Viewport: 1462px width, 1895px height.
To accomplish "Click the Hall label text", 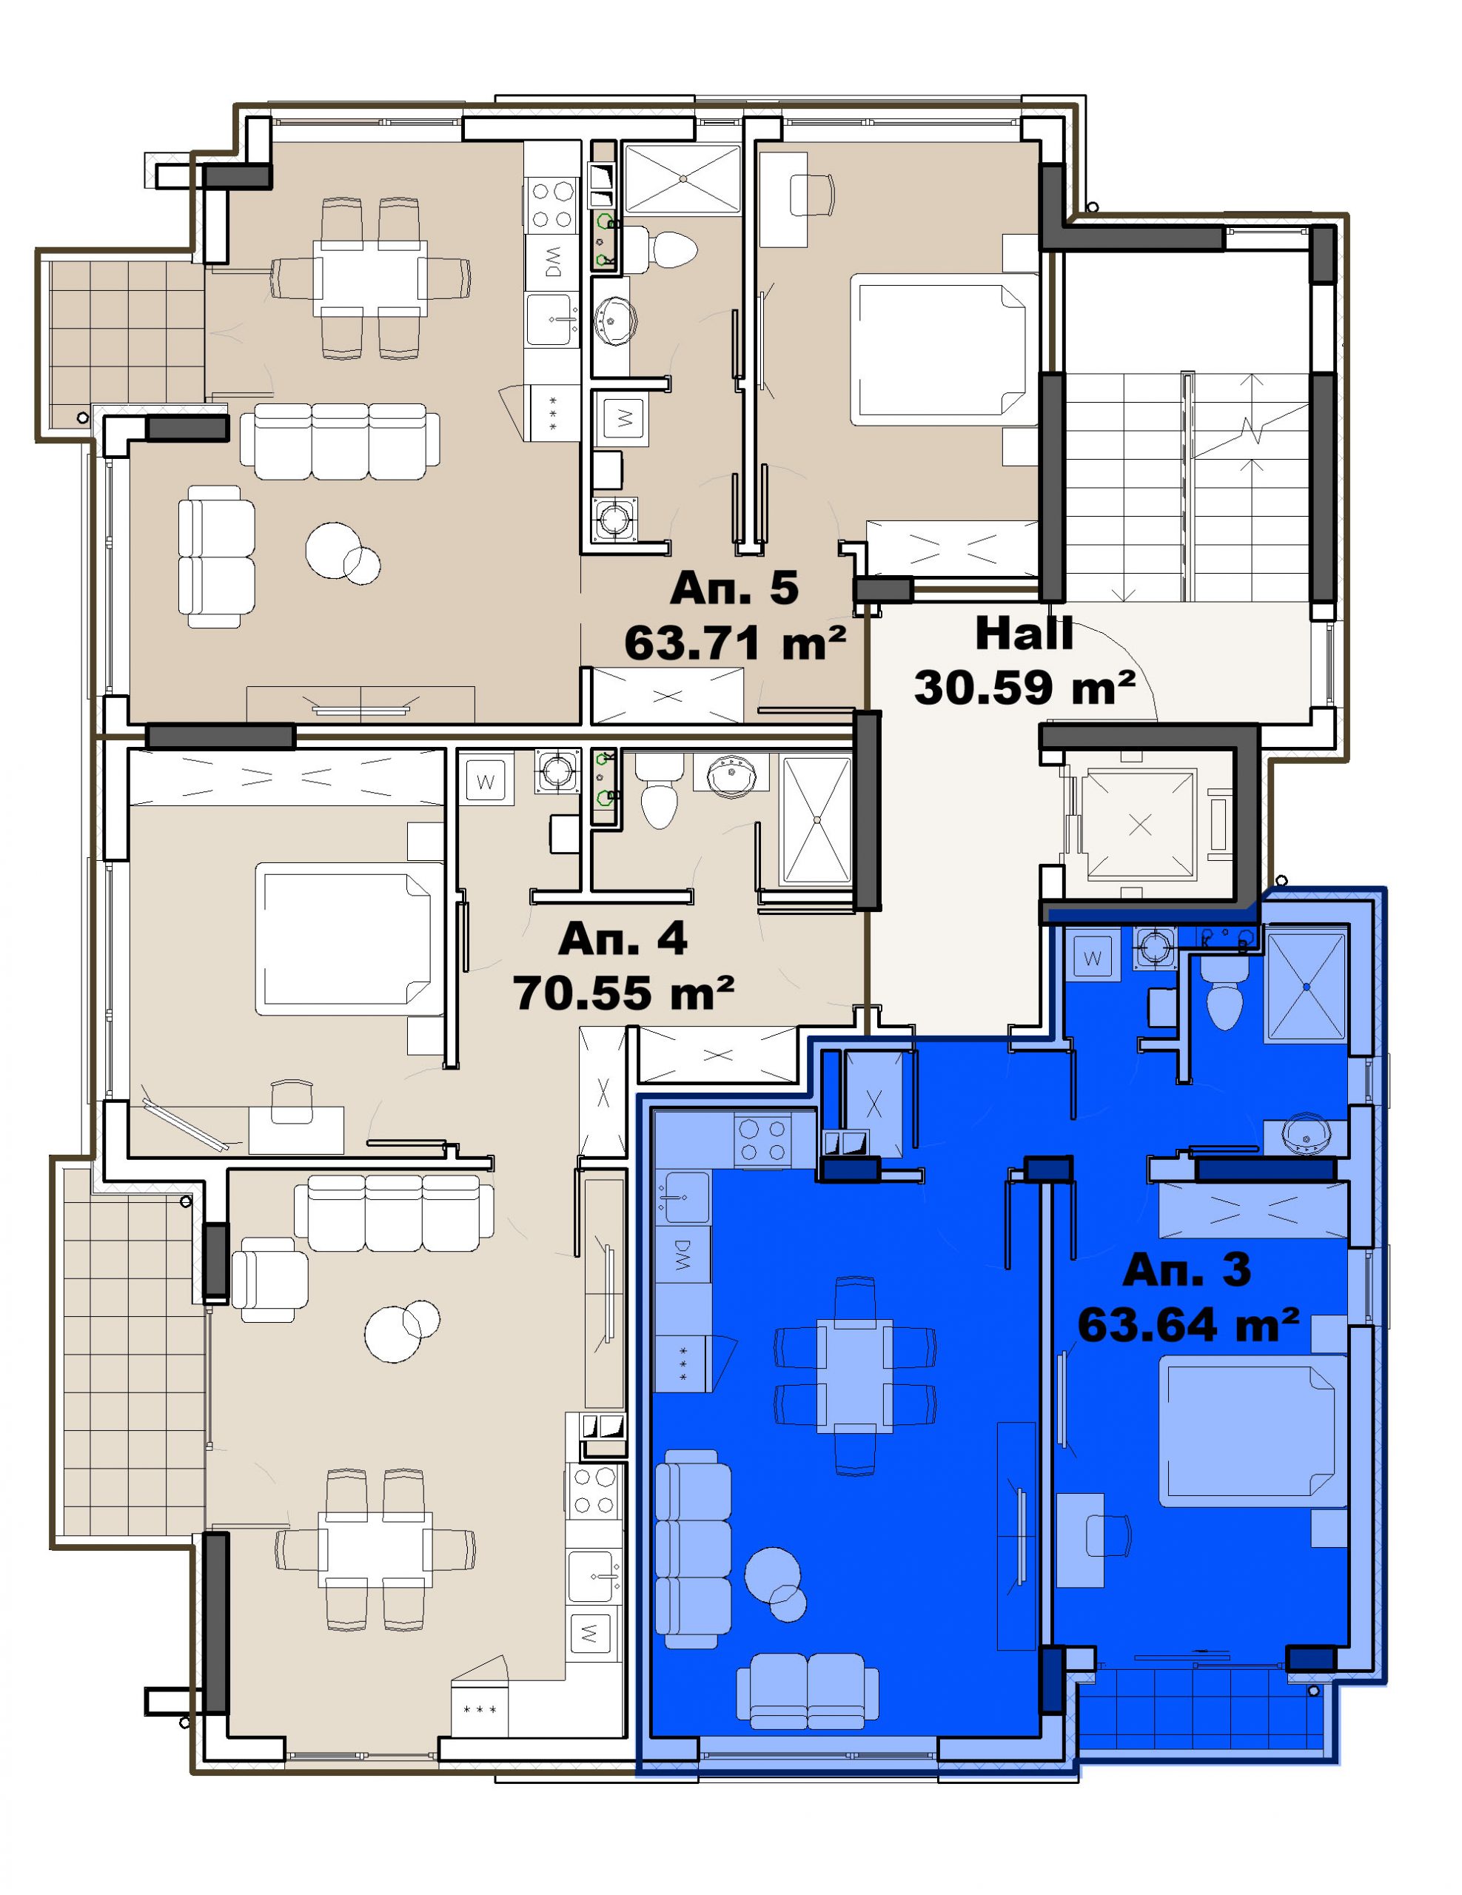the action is (x=1024, y=634).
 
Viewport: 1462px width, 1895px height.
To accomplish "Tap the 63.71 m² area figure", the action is (x=735, y=644).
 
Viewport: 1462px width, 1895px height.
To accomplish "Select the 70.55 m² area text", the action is (x=624, y=993).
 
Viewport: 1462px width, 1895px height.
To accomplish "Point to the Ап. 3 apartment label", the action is (x=1187, y=1270).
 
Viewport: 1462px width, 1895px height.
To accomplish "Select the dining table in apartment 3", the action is (x=855, y=1376).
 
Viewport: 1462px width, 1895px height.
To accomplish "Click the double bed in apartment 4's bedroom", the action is (x=343, y=939).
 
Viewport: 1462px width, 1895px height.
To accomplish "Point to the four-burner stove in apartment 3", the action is (x=762, y=1140).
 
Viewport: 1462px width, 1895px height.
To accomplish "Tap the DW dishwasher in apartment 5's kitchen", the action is (x=551, y=261).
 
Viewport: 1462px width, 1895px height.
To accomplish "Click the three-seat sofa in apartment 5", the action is (x=339, y=440).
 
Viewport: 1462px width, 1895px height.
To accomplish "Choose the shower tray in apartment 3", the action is (x=1306, y=986).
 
